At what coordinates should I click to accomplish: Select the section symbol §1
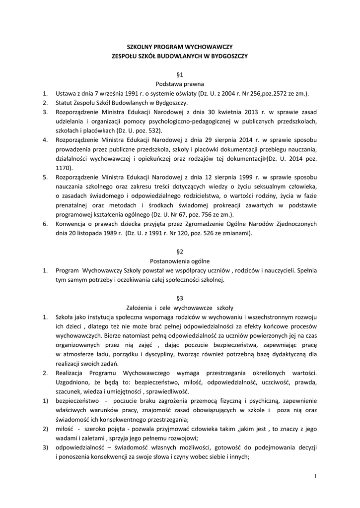point(180,74)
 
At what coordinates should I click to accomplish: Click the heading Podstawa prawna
point(180,84)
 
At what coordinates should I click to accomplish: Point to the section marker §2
point(180,252)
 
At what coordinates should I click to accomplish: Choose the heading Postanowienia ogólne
point(180,261)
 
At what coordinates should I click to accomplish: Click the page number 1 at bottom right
point(315,477)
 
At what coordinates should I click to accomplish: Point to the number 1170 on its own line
point(63,168)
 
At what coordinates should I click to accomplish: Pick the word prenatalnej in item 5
point(71,205)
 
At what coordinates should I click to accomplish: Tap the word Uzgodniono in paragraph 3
point(72,382)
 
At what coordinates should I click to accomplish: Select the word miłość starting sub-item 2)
point(65,429)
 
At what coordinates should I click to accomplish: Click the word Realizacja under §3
point(71,373)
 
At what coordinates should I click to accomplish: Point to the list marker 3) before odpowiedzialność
point(45,447)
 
